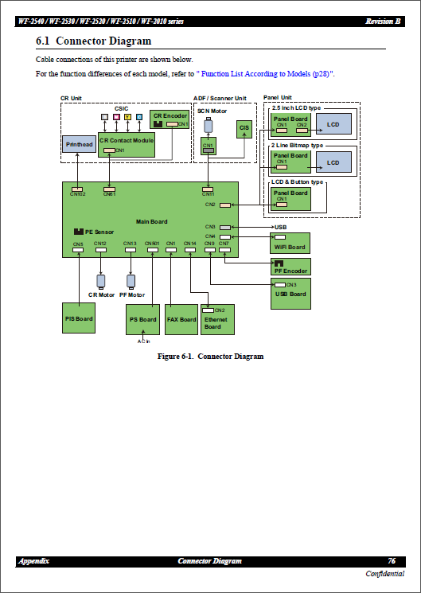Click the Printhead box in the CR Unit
79,144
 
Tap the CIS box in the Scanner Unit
244,127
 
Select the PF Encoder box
290,267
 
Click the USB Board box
290,294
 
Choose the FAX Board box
181,319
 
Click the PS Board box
143,319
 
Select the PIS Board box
79,318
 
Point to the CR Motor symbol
101,281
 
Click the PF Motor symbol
131,281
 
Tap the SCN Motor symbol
209,126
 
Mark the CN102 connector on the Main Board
78,189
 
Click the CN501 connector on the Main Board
152,249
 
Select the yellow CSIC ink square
127,118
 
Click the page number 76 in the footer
392,561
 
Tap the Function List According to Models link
267,73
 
